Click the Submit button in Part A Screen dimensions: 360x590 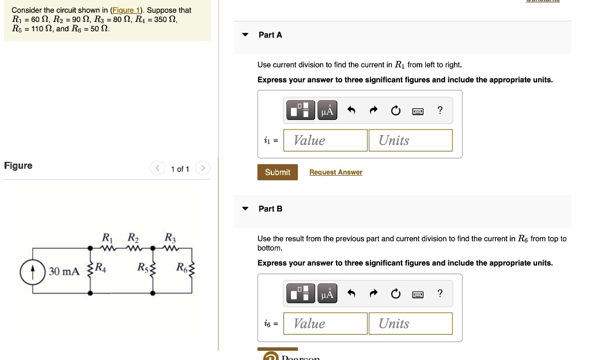click(277, 172)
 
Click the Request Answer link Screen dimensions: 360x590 click(335, 172)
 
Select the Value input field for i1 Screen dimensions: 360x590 click(326, 141)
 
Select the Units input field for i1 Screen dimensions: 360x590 click(410, 141)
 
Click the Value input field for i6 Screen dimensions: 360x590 click(326, 324)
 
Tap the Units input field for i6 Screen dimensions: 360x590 click(410, 324)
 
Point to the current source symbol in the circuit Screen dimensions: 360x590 click(33, 271)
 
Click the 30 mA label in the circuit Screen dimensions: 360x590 click(63, 271)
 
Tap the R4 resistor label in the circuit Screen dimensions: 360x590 click(100, 267)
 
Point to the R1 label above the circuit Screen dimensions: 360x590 click(107, 237)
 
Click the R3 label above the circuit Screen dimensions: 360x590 click(170, 237)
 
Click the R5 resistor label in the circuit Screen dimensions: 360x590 click(142, 267)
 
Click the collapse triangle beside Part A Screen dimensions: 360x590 click(245, 35)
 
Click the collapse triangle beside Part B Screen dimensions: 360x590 click(245, 209)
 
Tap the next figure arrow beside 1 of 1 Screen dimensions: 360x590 click(202, 169)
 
